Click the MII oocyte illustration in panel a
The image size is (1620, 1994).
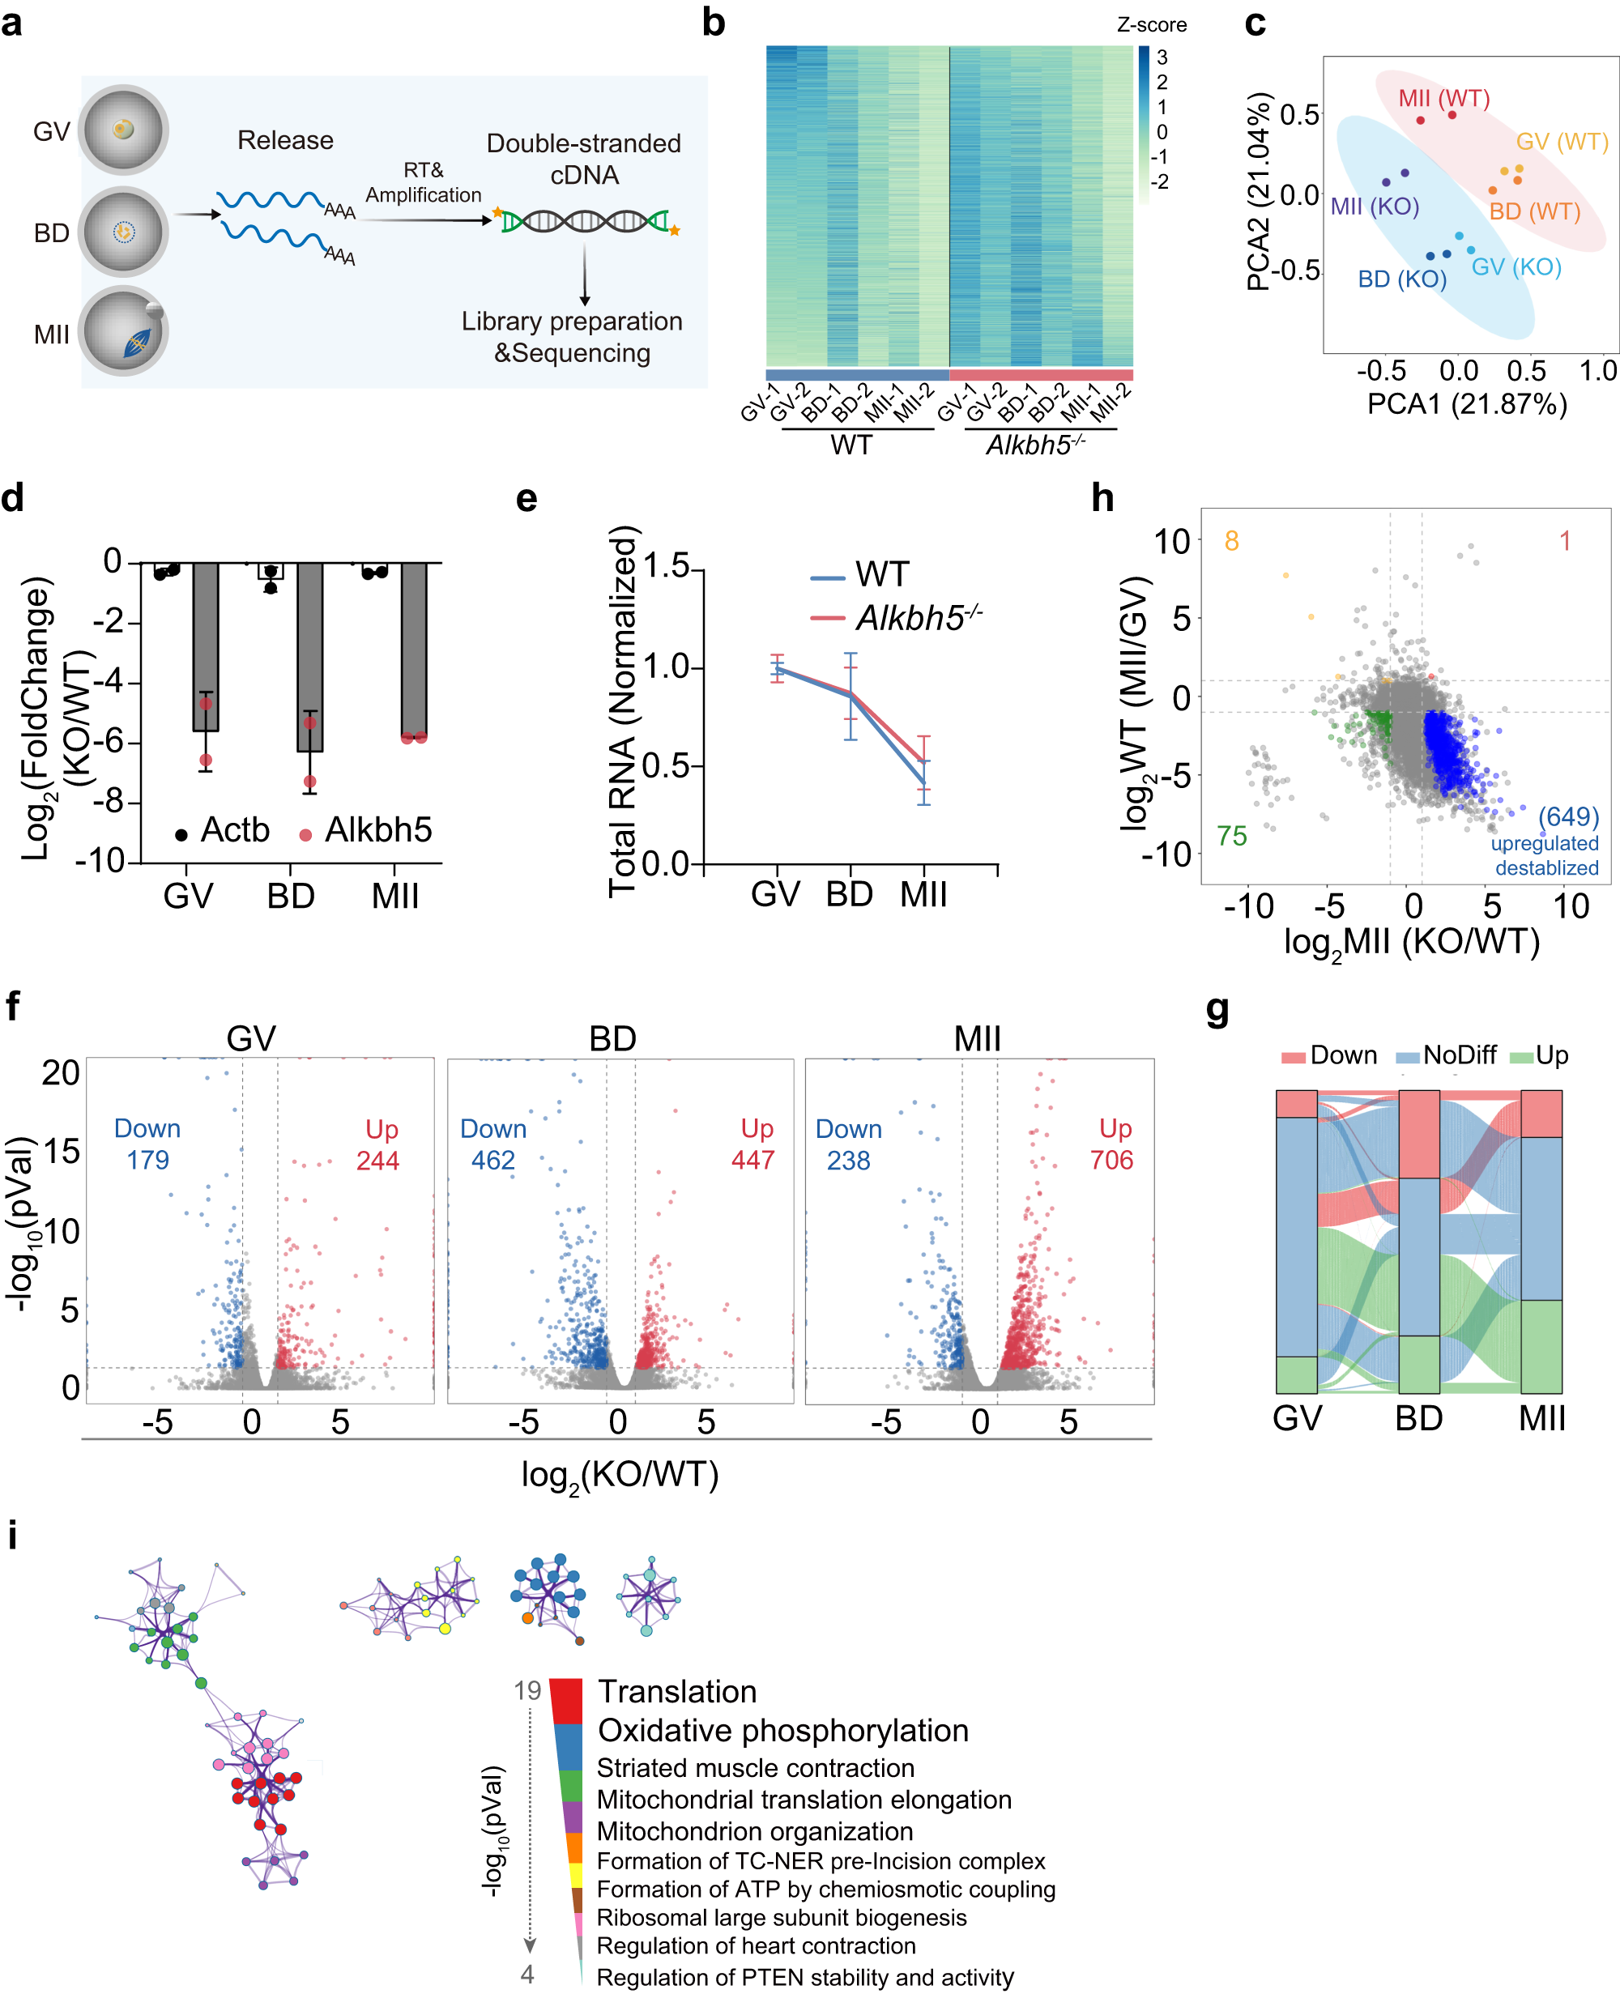tap(123, 331)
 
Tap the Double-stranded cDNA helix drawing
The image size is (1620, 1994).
tap(585, 221)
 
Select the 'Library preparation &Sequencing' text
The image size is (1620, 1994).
tap(571, 337)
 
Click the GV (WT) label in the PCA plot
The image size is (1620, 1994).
tap(1561, 142)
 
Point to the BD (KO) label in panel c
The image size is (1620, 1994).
tap(1400, 279)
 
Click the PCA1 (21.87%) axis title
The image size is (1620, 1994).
tap(1466, 404)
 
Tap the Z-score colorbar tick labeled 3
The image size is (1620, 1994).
tap(1162, 57)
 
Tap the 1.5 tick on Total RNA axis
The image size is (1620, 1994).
tap(667, 565)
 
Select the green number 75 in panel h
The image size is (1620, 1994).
tap(1231, 836)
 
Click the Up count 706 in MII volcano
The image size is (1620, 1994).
tap(1111, 1160)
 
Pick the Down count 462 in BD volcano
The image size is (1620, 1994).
tap(492, 1160)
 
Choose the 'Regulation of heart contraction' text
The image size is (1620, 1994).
tap(755, 1945)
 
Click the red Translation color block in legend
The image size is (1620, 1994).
tap(565, 1700)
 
